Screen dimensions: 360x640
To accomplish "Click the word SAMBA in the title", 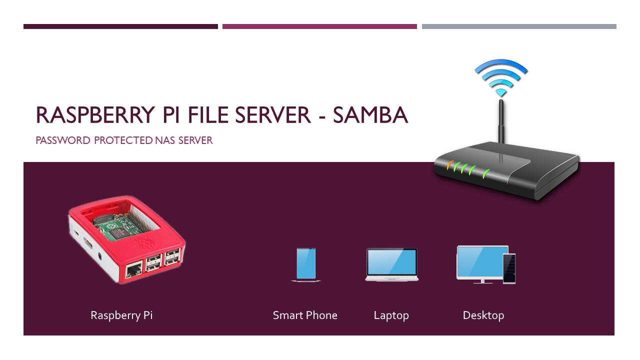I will [x=370, y=115].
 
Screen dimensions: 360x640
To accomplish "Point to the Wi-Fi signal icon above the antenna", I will [x=501, y=77].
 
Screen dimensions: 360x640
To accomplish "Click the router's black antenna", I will [x=500, y=125].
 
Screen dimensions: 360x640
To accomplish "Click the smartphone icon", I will [x=305, y=264].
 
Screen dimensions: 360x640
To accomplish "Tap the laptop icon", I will [x=391, y=264].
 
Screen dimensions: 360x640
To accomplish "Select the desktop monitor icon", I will [x=481, y=262].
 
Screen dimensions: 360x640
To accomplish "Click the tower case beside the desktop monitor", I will [x=509, y=268].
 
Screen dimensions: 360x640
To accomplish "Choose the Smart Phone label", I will [x=305, y=315].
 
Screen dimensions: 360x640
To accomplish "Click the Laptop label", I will [x=391, y=315].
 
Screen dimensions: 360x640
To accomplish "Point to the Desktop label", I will [x=483, y=315].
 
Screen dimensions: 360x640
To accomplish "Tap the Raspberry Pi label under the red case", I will [x=121, y=315].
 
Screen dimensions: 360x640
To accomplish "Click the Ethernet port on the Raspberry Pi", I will [x=133, y=271].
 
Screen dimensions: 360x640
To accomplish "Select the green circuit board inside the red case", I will [x=120, y=225].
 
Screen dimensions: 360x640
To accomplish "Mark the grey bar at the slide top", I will [x=519, y=26].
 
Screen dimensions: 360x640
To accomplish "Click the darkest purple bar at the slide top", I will [x=120, y=26].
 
